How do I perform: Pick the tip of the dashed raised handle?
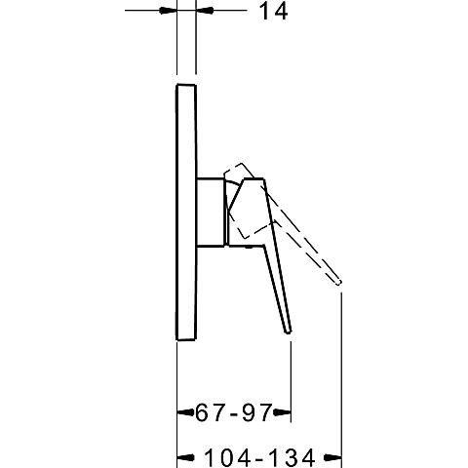coord(340,282)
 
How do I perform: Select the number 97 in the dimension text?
coord(256,413)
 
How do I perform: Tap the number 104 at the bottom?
coord(220,455)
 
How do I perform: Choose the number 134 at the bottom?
coord(293,455)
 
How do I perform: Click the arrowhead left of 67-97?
coord(181,414)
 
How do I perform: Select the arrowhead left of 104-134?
coord(182,455)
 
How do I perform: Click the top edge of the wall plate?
coord(186,85)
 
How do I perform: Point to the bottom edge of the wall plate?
coord(186,340)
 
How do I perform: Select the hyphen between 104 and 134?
coord(256,455)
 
